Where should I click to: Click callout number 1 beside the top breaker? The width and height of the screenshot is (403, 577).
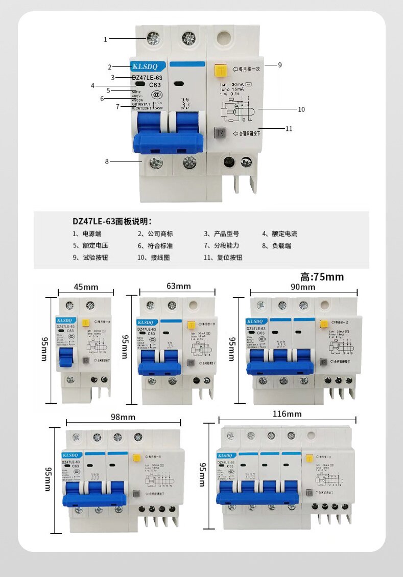point(106,39)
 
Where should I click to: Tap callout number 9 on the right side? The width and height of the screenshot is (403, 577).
point(280,65)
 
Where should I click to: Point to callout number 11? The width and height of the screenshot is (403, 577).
point(289,129)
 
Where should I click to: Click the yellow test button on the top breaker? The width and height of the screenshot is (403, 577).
point(221,71)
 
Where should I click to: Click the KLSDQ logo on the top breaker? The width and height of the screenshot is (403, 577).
point(146,66)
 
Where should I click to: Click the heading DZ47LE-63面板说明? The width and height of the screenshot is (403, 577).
point(112,222)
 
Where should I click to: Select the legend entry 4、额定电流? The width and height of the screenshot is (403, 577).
point(279,234)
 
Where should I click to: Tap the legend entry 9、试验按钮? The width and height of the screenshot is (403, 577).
point(90,258)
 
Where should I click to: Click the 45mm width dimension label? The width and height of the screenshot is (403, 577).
point(86,286)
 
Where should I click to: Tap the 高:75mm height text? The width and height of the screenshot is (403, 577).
point(322,277)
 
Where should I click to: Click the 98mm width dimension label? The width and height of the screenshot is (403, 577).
point(123,417)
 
